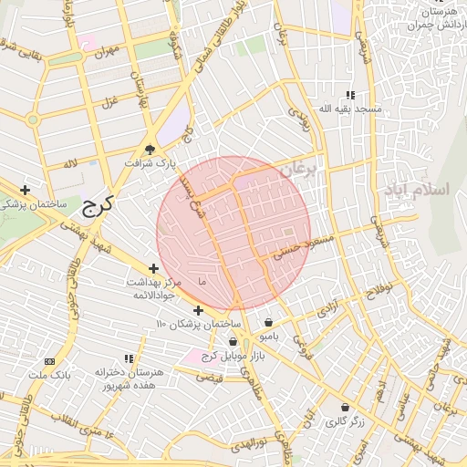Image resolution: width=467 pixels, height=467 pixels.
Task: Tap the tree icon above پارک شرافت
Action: coord(150,149)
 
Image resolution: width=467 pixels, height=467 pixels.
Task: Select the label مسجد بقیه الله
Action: coord(349,109)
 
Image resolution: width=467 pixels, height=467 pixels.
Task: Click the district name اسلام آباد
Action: coord(418,190)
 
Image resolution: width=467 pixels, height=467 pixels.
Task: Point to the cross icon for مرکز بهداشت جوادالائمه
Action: coord(153,268)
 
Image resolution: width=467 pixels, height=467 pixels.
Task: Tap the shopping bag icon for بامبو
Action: coord(268,322)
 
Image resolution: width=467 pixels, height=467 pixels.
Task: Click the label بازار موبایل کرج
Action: coord(233,356)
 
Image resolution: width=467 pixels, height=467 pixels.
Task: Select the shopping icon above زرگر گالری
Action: coord(345,407)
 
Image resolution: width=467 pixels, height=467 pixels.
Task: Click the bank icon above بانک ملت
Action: coord(49,361)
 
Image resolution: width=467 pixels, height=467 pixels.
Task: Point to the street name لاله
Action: coord(70,163)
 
